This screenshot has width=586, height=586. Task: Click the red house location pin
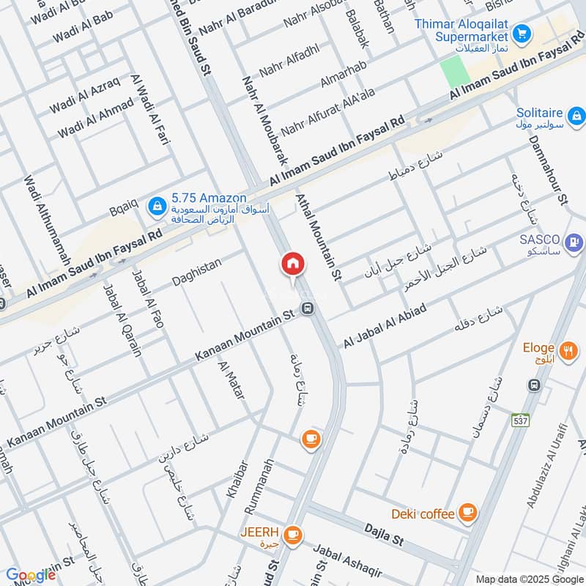(292, 264)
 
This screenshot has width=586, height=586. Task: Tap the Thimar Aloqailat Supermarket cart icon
(522, 33)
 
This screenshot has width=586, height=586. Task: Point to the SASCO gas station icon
(575, 240)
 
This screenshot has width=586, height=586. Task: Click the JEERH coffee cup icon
(293, 533)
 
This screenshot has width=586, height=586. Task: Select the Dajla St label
(384, 534)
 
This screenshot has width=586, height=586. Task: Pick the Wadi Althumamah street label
(46, 219)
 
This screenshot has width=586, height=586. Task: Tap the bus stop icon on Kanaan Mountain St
(308, 308)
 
